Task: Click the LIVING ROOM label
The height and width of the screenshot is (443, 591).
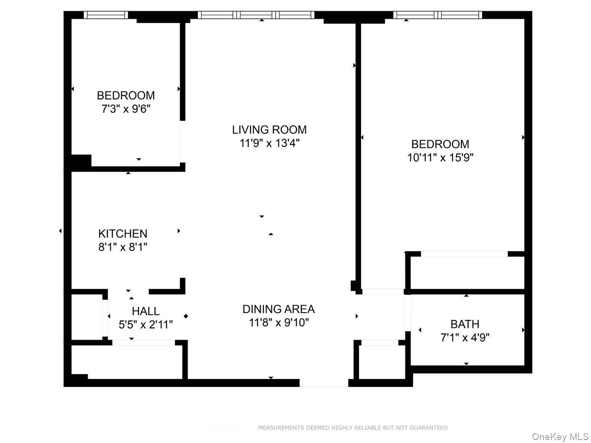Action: tap(269, 130)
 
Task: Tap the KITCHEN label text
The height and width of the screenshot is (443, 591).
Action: tap(123, 234)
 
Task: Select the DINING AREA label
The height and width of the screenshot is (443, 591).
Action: tap(278, 309)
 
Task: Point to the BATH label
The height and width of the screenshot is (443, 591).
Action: tap(464, 324)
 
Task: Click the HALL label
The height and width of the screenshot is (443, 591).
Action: tap(145, 311)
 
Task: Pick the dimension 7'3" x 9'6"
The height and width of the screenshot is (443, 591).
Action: tap(126, 109)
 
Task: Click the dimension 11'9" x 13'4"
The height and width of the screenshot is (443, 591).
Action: tap(269, 143)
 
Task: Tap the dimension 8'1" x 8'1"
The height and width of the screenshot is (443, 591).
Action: tap(123, 247)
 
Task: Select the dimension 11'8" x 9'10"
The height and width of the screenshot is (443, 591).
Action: tap(278, 323)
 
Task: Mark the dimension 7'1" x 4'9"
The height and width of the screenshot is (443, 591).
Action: tap(464, 338)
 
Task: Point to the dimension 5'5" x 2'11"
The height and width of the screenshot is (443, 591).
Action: tap(145, 325)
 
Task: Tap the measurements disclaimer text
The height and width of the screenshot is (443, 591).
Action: tap(353, 428)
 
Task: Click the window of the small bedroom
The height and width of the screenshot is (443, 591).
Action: tap(106, 15)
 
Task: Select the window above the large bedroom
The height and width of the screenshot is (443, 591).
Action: tap(437, 15)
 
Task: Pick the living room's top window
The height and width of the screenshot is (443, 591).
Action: tap(256, 15)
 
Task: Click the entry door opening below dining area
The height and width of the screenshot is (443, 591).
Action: tap(324, 382)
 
